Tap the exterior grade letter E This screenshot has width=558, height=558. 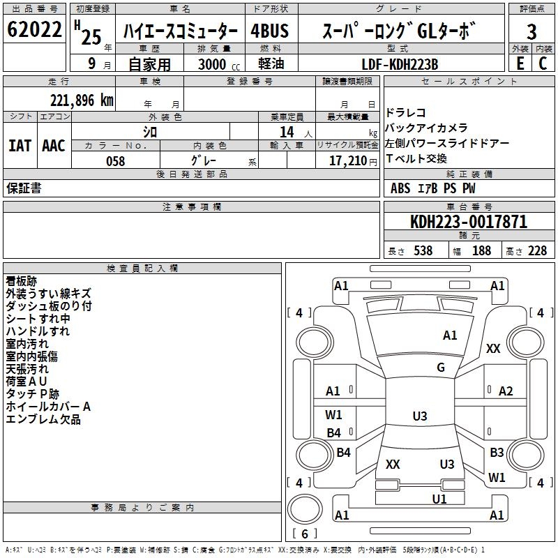click(520, 63)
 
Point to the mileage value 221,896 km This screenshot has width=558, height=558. click(82, 100)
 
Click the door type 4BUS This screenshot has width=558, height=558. click(269, 31)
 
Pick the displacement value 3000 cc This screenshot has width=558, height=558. click(218, 64)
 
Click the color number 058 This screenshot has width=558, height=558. click(115, 160)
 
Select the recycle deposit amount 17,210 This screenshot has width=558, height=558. click(348, 160)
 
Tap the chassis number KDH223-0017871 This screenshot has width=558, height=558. click(468, 222)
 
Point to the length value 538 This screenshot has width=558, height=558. click(423, 250)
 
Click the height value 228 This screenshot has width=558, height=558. click(536, 250)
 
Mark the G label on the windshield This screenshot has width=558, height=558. click(441, 368)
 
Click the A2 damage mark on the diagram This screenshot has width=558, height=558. click(506, 391)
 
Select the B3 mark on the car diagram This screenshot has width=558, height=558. click(497, 453)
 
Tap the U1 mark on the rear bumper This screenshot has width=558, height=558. click(439, 499)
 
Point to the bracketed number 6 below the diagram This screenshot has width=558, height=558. click(304, 534)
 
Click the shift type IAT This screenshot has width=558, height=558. click(20, 146)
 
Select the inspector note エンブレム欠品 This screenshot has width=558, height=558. click(43, 419)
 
